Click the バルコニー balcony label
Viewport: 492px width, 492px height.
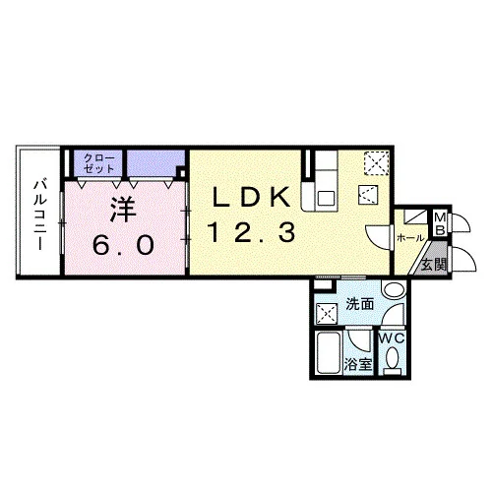pos(40,215)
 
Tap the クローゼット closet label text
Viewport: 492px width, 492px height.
pos(98,163)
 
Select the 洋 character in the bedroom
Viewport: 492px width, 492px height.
pos(123,210)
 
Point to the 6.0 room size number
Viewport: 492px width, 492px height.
pos(123,245)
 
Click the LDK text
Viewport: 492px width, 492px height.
pos(252,197)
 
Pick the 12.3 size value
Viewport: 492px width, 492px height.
pos(252,231)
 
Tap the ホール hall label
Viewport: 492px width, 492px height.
pos(410,238)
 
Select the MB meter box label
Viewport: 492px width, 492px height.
pos(441,224)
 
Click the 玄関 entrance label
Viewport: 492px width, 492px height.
pos(434,265)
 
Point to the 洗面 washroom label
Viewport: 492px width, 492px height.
pos(360,305)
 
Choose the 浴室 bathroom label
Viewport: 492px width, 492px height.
pos(358,364)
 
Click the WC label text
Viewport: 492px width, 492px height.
pos(392,338)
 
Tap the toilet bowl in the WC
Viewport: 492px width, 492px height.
pos(393,360)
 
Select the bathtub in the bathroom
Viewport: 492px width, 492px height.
pos(329,352)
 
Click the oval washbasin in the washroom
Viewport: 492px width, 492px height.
pos(394,290)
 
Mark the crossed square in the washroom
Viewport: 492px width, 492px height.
pos(326,314)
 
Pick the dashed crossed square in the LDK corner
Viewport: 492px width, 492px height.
pos(376,163)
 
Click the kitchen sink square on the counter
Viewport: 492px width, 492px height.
pos(326,198)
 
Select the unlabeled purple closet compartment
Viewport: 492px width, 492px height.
pos(154,163)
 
